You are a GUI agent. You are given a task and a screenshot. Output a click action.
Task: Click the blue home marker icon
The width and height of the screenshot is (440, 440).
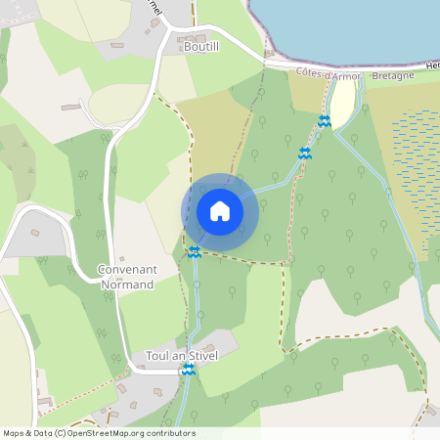pos(220,211)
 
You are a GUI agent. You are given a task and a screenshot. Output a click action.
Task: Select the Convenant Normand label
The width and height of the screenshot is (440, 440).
pos(126,277)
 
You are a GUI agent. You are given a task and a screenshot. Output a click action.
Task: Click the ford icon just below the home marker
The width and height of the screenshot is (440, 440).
pos(195,251)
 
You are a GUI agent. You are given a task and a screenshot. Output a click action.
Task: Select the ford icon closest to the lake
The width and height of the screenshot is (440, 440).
pos(325,121)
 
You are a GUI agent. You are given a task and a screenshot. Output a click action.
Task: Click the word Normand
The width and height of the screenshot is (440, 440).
pos(126,285)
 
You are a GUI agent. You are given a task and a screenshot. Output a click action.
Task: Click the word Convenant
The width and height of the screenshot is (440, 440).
pos(126,269)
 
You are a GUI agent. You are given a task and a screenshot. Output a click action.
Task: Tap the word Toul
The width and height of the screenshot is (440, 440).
pos(155,356)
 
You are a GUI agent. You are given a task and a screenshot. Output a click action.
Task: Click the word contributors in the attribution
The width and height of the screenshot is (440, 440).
pos(169,433)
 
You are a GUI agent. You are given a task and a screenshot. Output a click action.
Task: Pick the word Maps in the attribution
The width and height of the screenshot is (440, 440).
pos(13,433)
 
